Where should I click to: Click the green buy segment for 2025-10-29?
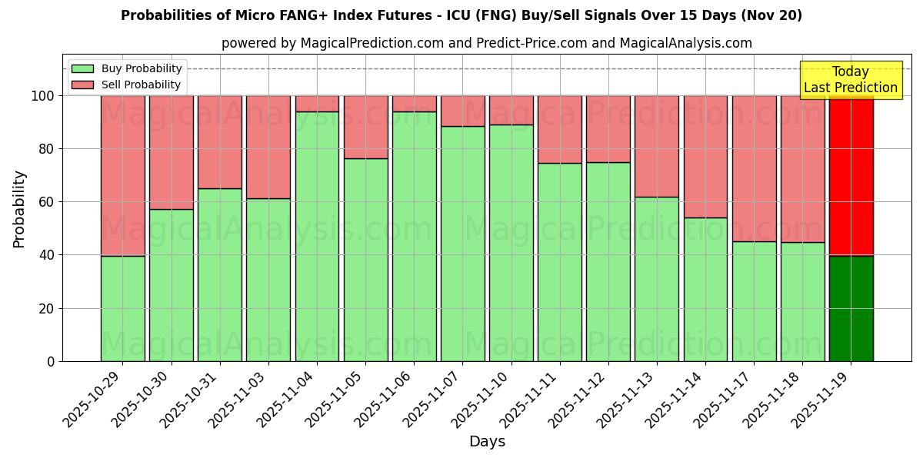122,308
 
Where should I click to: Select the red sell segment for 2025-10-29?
122,175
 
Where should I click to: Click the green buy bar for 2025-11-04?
317,236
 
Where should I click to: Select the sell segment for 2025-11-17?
754,168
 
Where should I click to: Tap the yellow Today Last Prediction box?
850,80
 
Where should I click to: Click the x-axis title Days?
487,442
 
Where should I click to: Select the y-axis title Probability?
19,209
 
